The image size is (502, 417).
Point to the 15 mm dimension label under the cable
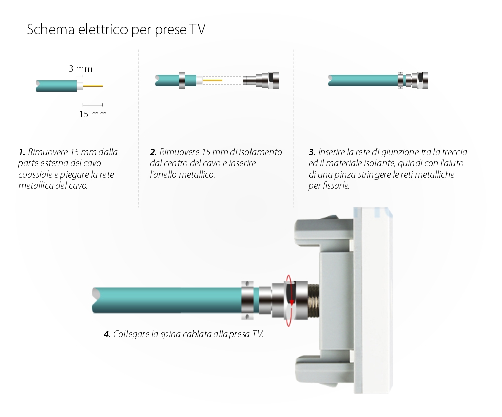pyautogui.click(x=93, y=114)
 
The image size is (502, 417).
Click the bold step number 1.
pyautogui.click(x=22, y=152)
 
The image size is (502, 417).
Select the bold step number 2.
pyautogui.click(x=153, y=152)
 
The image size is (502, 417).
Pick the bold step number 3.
pyautogui.click(x=312, y=152)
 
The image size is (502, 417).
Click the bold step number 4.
pyautogui.click(x=107, y=334)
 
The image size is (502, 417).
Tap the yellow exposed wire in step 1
pyautogui.click(x=93, y=86)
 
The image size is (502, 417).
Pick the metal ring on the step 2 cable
pyautogui.click(x=182, y=80)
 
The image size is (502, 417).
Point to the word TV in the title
pyautogui.click(x=196, y=30)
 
